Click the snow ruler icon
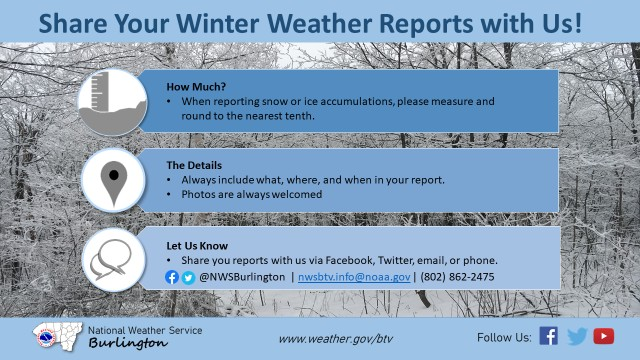click(113, 102)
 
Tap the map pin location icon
click(113, 181)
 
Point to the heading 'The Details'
click(195, 164)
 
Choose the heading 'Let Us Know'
click(197, 245)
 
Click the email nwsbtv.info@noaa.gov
click(354, 277)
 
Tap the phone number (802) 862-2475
click(457, 277)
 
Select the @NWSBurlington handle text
click(241, 277)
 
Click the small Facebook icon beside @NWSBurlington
click(172, 277)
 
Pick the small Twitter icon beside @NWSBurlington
click(188, 277)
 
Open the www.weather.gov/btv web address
click(336, 338)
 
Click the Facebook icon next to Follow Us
click(548, 336)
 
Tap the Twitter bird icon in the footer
click(576, 336)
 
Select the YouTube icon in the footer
click(603, 336)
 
